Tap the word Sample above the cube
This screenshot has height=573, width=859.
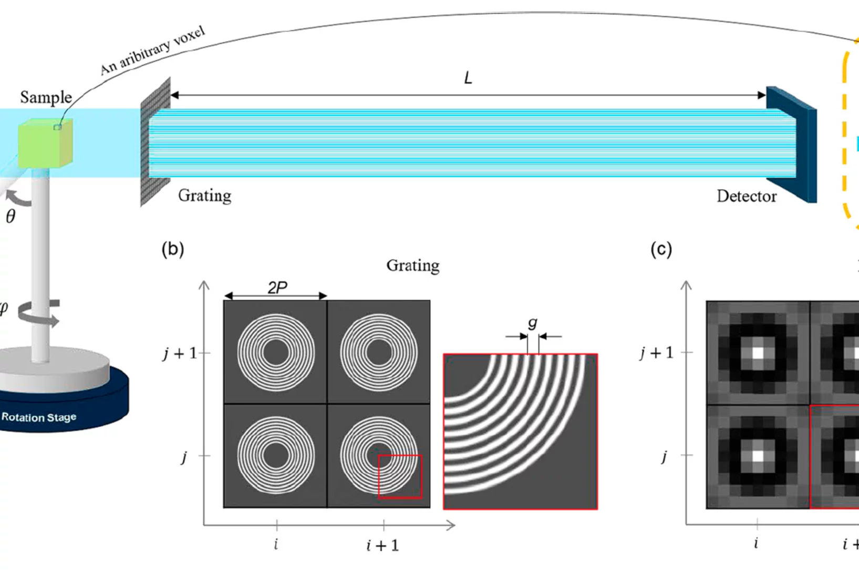click(x=46, y=98)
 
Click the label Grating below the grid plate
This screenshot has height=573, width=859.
click(x=204, y=196)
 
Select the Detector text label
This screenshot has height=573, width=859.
click(x=746, y=196)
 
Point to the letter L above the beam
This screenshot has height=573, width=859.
click(x=468, y=78)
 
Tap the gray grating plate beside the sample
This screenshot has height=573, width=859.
click(x=156, y=142)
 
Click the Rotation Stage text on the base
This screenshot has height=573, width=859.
click(x=39, y=417)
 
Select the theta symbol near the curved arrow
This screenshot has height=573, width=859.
click(x=11, y=217)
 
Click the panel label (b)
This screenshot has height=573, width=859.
click(x=173, y=249)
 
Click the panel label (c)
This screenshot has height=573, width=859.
click(x=661, y=249)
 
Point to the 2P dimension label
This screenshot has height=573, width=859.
click(x=277, y=288)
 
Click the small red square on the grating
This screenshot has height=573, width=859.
click(x=400, y=476)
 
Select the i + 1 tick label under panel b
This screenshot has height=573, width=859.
click(x=383, y=546)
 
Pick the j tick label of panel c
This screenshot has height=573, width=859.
click(x=665, y=456)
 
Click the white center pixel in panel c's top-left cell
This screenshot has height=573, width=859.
click(x=757, y=353)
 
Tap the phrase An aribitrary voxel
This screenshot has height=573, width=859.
click(x=152, y=51)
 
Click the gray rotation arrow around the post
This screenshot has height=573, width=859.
click(x=39, y=313)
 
